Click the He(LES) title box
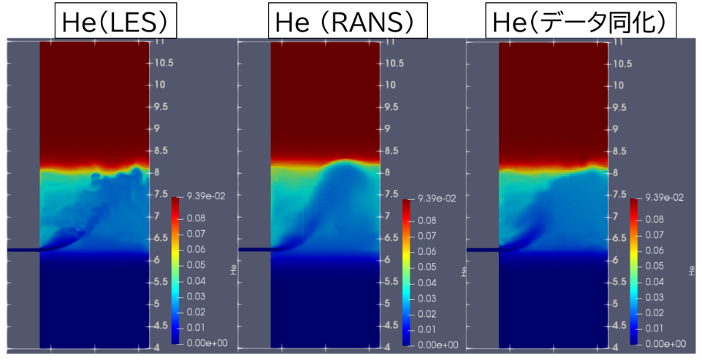(x=116, y=22)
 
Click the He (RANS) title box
(x=348, y=22)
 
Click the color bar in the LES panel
(x=176, y=270)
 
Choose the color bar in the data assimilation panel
(x=635, y=271)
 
